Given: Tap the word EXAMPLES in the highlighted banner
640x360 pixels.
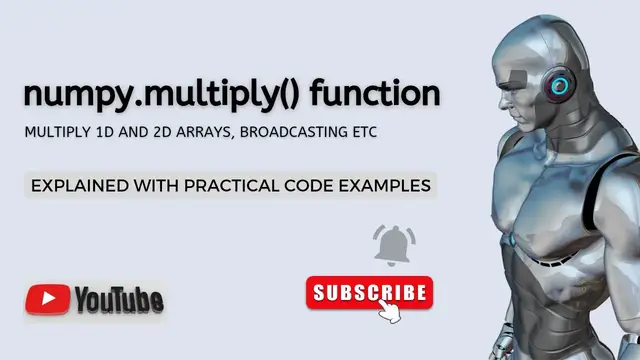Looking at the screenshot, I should click(x=389, y=185).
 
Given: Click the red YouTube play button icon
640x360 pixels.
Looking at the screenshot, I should click(x=47, y=299).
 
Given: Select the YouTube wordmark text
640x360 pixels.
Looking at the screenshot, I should click(x=118, y=299).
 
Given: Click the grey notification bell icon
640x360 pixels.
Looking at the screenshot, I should click(x=395, y=245).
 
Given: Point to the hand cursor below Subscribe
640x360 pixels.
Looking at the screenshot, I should click(x=389, y=311).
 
